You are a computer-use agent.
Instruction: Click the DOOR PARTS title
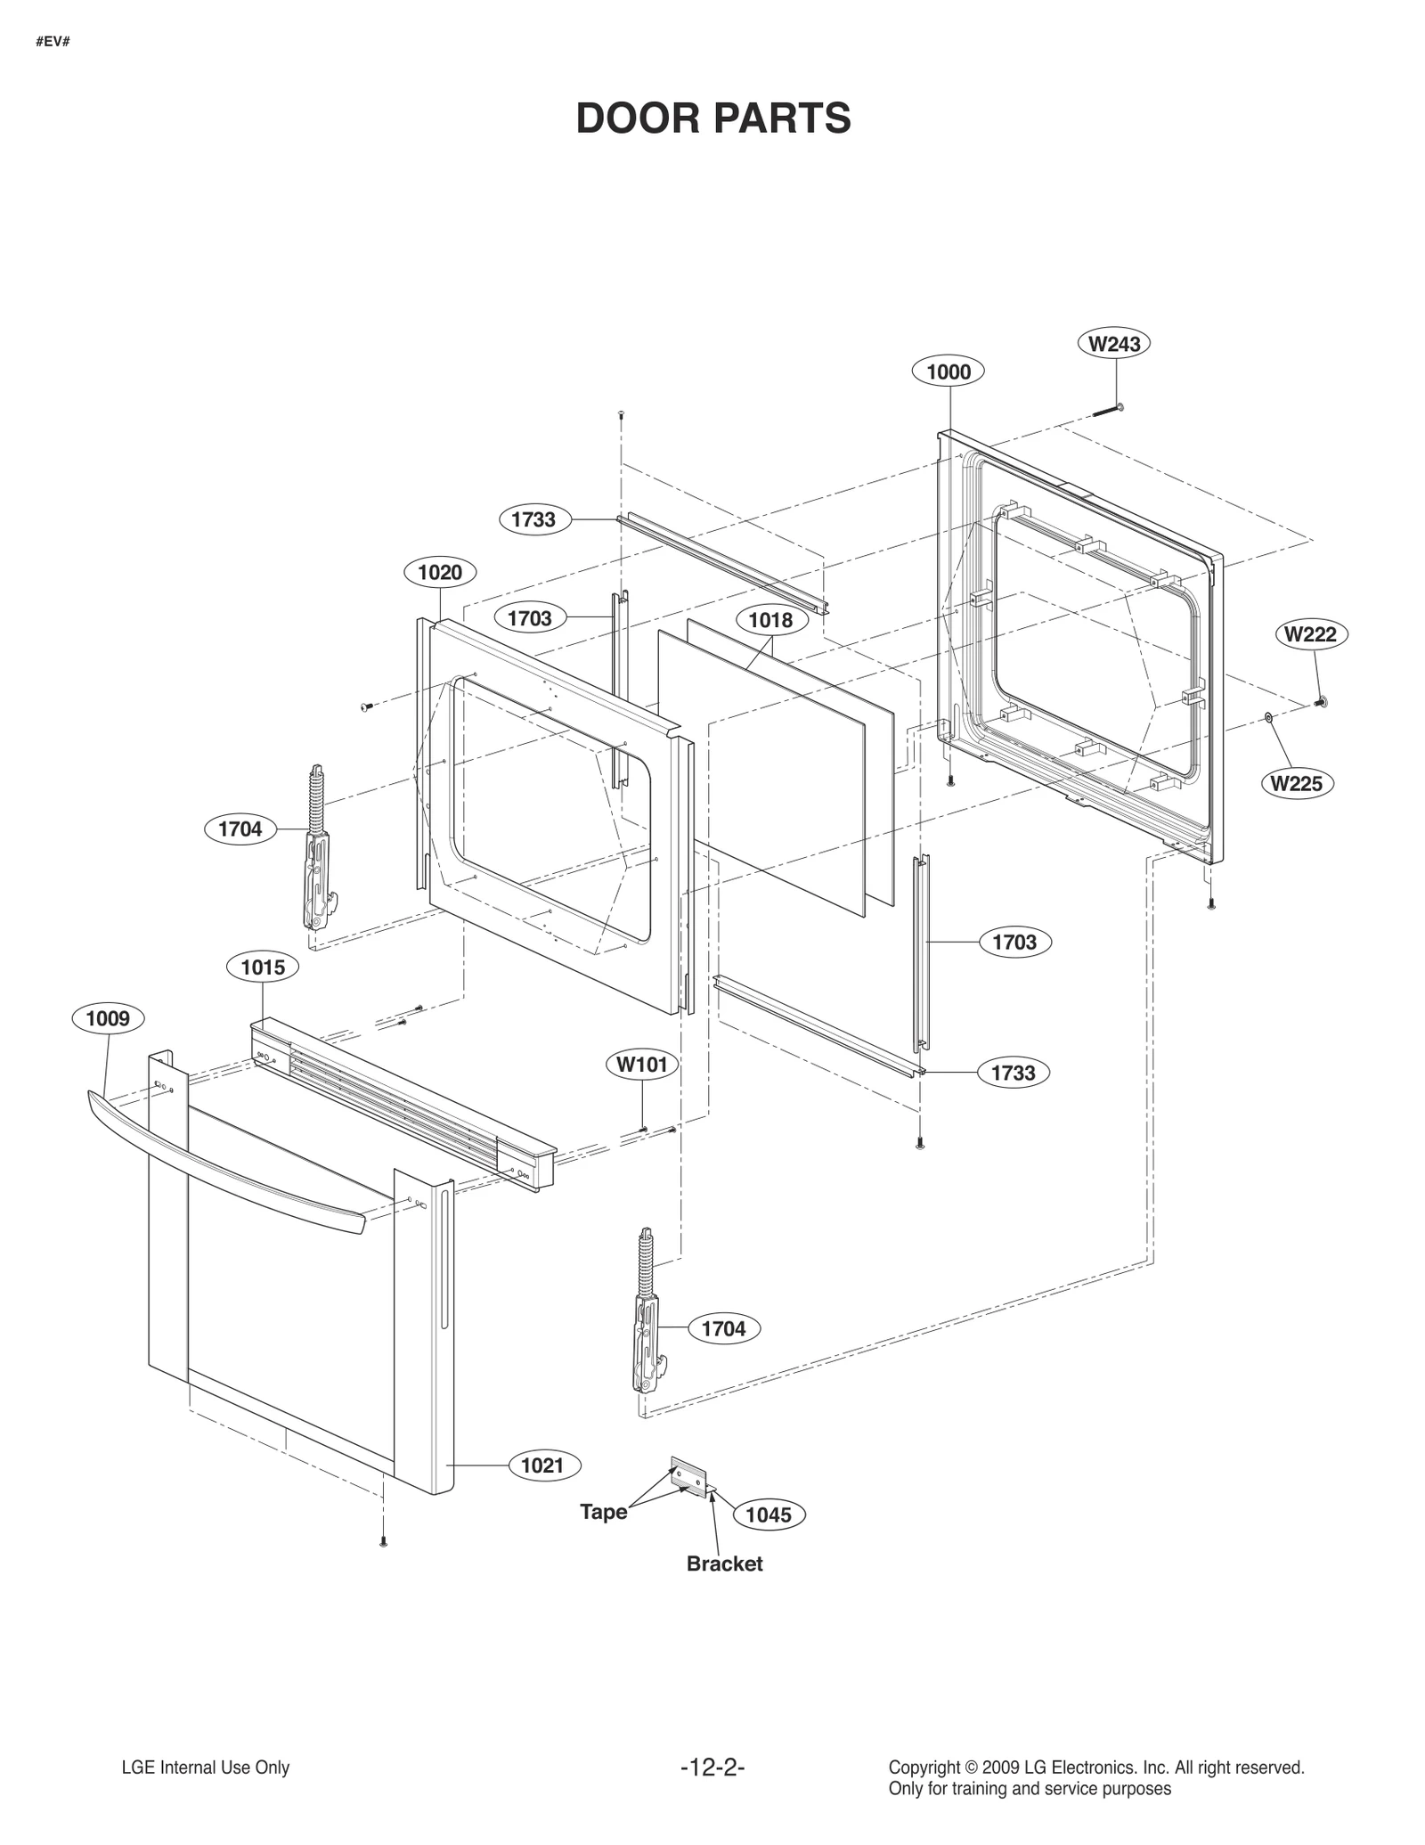pyautogui.click(x=713, y=118)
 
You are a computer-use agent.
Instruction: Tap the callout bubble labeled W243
pyautogui.click(x=1113, y=343)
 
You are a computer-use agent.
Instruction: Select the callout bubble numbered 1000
pyautogui.click(x=949, y=371)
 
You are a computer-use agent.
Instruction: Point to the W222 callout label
pyautogui.click(x=1311, y=634)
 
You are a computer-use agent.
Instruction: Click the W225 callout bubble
pyautogui.click(x=1297, y=783)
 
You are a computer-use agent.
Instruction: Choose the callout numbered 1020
pyautogui.click(x=440, y=572)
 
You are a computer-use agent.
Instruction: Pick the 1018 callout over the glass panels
pyautogui.click(x=770, y=619)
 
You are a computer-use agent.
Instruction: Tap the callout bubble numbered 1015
pyautogui.click(x=263, y=967)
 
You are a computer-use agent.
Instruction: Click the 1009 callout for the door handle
pyautogui.click(x=108, y=1018)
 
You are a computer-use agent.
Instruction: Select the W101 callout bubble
pyautogui.click(x=641, y=1064)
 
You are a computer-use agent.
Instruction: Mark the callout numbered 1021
pyautogui.click(x=541, y=1465)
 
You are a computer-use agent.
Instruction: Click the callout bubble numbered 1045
pyautogui.click(x=768, y=1514)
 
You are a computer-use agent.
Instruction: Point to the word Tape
pyautogui.click(x=603, y=1512)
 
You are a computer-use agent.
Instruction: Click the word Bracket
pyautogui.click(x=724, y=1563)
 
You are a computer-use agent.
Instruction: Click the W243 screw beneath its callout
pyautogui.click(x=1106, y=411)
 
